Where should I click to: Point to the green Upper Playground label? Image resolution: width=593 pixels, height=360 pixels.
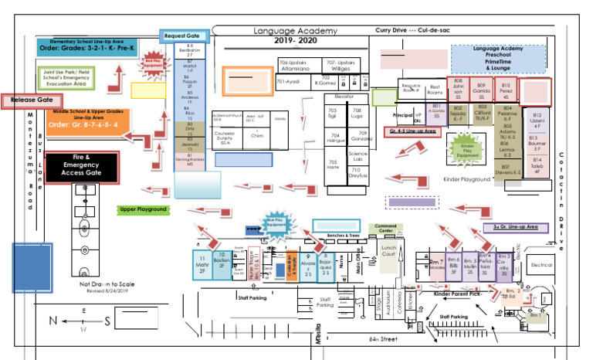pos(143,209)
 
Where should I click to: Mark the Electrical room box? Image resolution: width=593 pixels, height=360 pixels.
pos(542,265)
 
